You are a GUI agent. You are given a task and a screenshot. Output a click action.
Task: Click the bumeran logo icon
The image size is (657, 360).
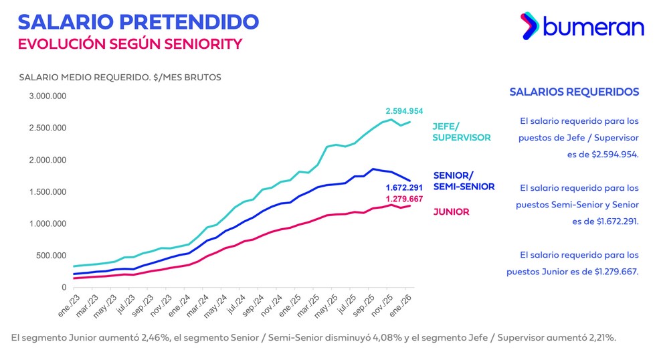click(x=530, y=25)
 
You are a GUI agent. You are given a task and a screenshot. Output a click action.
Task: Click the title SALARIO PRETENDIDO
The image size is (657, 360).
click(x=138, y=21)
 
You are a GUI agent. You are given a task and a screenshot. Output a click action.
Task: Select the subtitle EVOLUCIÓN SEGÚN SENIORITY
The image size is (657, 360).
click(x=130, y=44)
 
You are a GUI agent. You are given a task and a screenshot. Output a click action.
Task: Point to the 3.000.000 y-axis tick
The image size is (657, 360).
click(x=47, y=96)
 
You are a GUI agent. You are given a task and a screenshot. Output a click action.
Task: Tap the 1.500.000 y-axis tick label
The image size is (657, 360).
click(x=47, y=192)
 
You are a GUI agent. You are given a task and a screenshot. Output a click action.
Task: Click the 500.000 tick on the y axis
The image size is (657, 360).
click(x=52, y=256)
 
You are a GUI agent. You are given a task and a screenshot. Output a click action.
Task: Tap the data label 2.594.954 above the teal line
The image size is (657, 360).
click(x=404, y=111)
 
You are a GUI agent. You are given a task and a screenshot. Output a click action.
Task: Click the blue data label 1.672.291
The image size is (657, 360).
click(x=404, y=188)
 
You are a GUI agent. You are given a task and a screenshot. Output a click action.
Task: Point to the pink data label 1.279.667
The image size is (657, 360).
click(x=404, y=199)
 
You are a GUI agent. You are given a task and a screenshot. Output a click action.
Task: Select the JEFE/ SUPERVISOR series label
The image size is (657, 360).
click(x=462, y=132)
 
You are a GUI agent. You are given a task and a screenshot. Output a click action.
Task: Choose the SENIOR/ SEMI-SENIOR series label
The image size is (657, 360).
click(x=464, y=181)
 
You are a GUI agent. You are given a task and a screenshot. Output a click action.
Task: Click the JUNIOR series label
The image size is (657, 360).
click(x=451, y=212)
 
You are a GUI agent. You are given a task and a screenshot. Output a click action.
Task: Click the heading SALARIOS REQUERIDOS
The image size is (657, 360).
click(x=574, y=92)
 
